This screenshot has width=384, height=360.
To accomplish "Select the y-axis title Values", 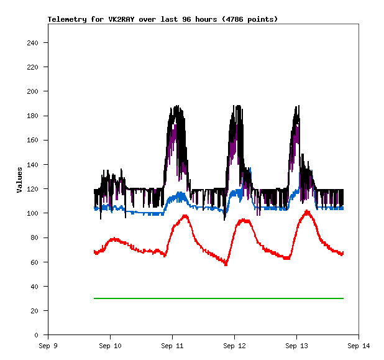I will pyautogui.click(x=19, y=180).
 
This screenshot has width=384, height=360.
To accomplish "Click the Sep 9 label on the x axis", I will pyautogui.click(x=48, y=346).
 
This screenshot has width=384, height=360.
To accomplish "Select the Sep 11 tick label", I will pyautogui.click(x=172, y=346).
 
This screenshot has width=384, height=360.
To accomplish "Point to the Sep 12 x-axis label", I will pyautogui.click(x=234, y=346).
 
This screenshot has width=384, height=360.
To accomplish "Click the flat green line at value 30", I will pyautogui.click(x=217, y=298).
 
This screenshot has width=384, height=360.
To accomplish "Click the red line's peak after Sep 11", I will pyautogui.click(x=185, y=216).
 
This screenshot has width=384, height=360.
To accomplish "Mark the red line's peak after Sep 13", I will pyautogui.click(x=307, y=212).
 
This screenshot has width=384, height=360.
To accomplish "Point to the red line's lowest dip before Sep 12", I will pyautogui.click(x=226, y=264).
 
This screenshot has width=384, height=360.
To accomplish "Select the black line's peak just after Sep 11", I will pyautogui.click(x=177, y=107).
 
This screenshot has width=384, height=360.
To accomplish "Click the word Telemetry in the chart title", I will pyautogui.click(x=67, y=19).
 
